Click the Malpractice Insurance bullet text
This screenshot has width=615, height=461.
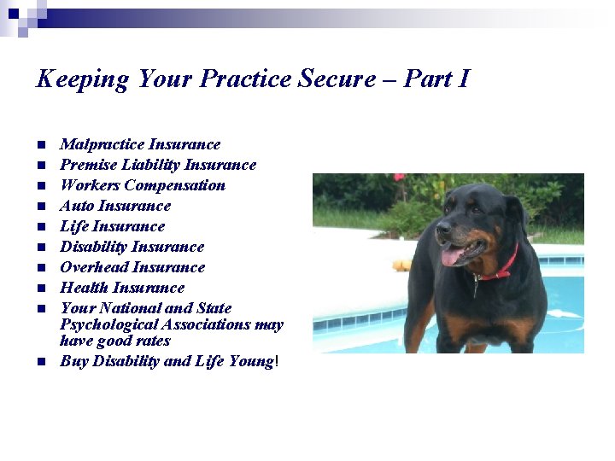140,144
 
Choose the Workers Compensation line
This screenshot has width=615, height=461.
143,185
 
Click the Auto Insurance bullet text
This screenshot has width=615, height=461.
115,206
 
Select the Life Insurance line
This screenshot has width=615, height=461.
112,226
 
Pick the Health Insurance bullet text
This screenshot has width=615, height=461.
122,288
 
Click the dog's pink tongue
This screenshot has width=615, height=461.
451,255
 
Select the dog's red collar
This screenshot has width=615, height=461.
504,266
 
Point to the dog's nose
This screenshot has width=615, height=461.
442,227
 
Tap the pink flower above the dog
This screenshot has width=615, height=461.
399,178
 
